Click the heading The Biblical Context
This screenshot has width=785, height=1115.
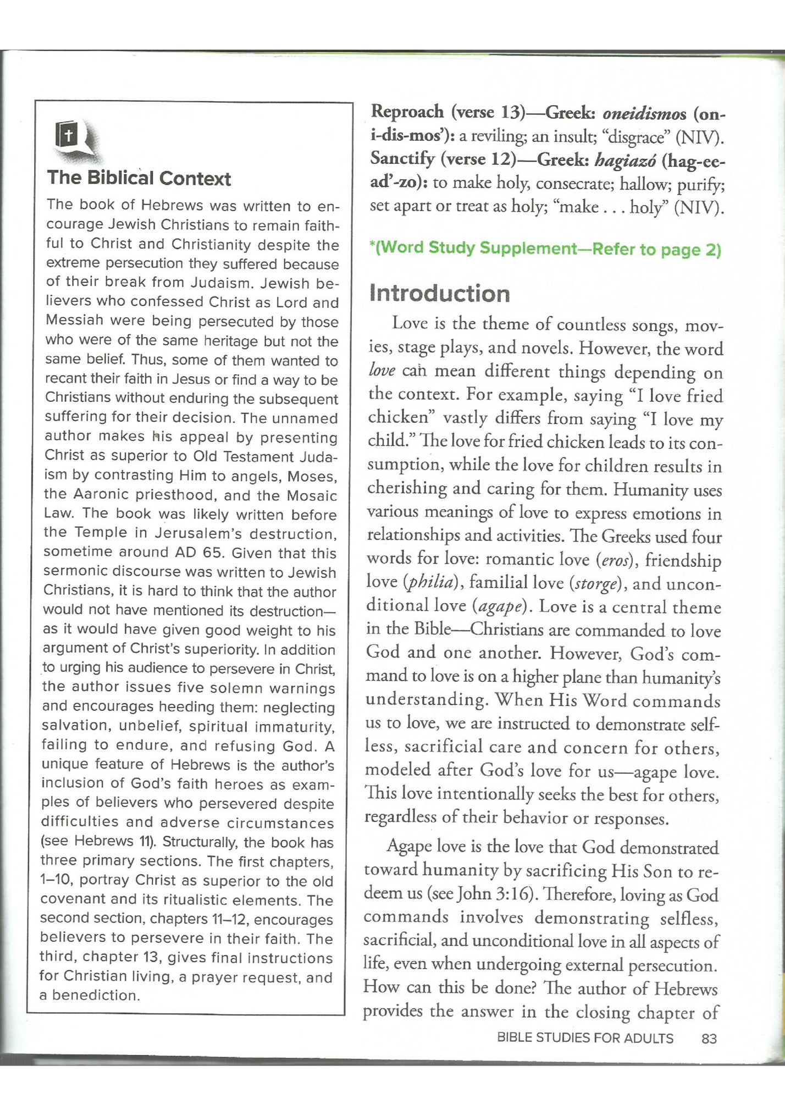[x=139, y=178]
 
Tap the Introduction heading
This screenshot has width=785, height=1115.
[x=439, y=294]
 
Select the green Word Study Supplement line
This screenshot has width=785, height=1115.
[x=545, y=249]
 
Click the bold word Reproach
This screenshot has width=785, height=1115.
[x=407, y=112]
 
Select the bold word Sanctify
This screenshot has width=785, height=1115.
[x=403, y=159]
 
